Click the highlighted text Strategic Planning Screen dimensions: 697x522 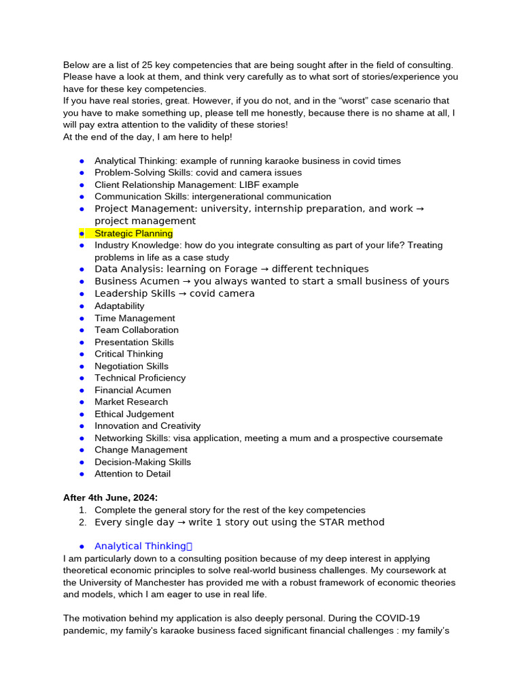[x=133, y=233]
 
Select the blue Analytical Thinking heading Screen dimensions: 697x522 [x=140, y=546]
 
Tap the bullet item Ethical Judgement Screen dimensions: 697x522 [x=134, y=414]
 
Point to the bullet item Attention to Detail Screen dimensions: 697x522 [x=133, y=474]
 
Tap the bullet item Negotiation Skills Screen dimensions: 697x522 [x=131, y=366]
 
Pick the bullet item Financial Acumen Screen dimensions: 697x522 [x=133, y=390]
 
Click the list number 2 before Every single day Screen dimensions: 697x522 [x=82, y=522]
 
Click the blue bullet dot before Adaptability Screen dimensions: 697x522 [x=82, y=306]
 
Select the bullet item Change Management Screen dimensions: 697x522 [x=141, y=450]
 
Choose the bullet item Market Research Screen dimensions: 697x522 [x=131, y=402]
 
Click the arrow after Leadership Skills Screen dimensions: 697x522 [x=182, y=293]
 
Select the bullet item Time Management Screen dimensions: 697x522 [x=135, y=318]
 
